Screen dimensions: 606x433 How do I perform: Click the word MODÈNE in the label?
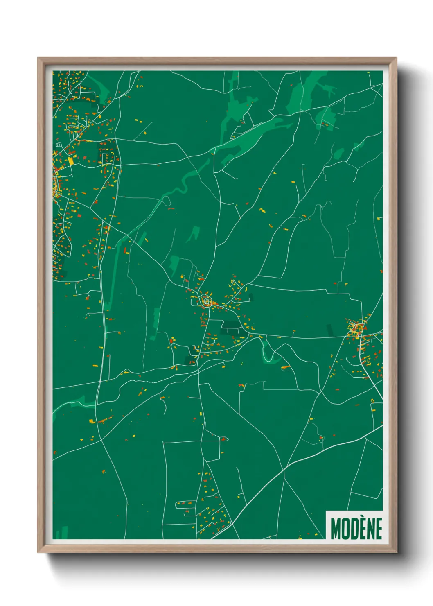point(356,528)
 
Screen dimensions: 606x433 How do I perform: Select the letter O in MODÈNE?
point(346,529)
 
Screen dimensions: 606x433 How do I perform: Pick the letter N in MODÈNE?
point(372,529)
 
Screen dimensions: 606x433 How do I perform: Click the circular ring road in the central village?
point(206,301)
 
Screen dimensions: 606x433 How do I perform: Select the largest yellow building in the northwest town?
point(71,161)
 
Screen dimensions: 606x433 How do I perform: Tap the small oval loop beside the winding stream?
point(167,200)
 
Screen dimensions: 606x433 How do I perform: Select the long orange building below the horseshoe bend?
point(286,367)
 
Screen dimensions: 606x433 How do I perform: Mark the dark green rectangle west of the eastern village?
point(330,330)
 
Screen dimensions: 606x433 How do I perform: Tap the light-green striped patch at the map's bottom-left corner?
point(62,533)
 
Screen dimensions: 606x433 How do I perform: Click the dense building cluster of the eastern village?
point(356,329)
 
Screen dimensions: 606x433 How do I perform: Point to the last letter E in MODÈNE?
point(379,529)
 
